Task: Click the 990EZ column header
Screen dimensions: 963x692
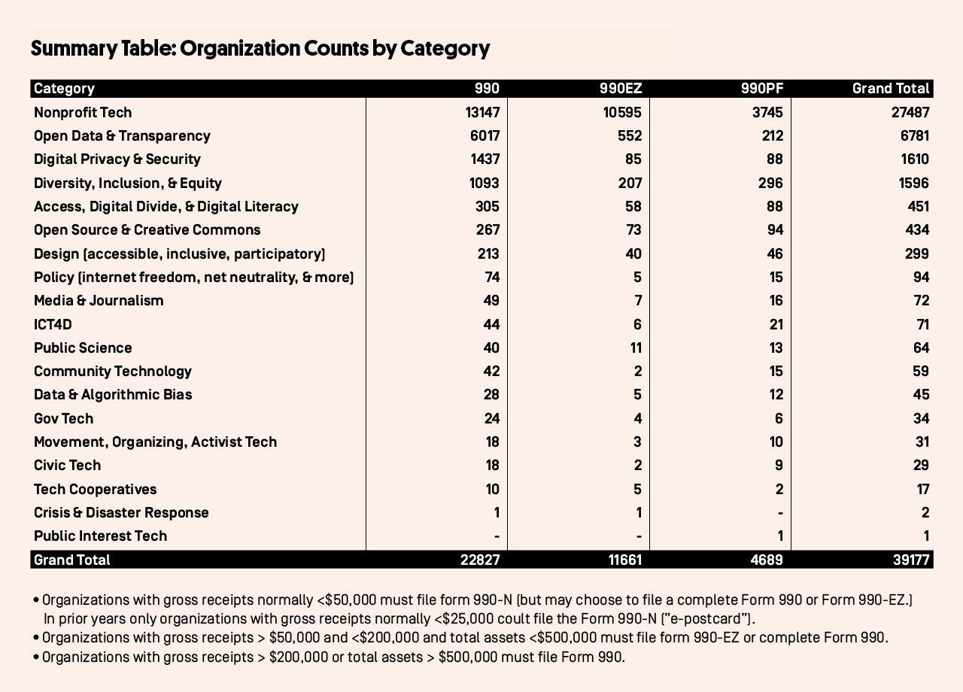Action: pyautogui.click(x=621, y=89)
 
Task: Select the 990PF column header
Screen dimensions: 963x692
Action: pyautogui.click(x=762, y=89)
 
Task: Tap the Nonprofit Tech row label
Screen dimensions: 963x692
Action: pyautogui.click(x=83, y=113)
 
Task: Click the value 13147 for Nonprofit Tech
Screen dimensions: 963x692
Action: pyautogui.click(x=482, y=113)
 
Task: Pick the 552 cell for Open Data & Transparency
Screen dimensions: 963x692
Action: pyautogui.click(x=630, y=136)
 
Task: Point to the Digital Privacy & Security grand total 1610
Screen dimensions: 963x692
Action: pyautogui.click(x=915, y=159)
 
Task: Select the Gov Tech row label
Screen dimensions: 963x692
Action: pyautogui.click(x=64, y=419)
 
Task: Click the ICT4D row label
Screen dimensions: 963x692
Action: pyautogui.click(x=53, y=324)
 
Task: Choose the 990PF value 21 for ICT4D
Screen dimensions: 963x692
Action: pyautogui.click(x=776, y=324)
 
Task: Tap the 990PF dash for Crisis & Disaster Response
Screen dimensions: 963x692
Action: pyautogui.click(x=780, y=513)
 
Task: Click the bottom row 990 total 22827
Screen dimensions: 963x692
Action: pyautogui.click(x=480, y=560)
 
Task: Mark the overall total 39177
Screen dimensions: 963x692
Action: pyautogui.click(x=911, y=560)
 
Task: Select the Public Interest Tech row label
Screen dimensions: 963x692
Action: pyautogui.click(x=100, y=536)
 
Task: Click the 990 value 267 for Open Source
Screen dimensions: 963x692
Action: pyautogui.click(x=488, y=230)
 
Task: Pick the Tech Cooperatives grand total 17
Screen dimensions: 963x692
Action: pyautogui.click(x=923, y=489)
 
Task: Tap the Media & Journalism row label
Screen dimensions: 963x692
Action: pyautogui.click(x=99, y=300)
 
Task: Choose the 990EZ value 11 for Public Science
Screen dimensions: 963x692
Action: pyautogui.click(x=636, y=348)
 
